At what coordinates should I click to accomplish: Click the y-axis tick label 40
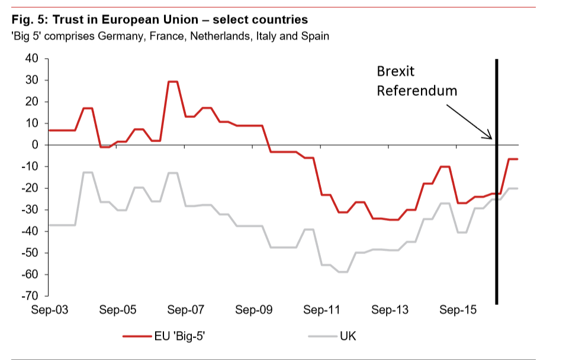point(31,59)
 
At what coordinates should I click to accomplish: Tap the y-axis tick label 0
point(35,145)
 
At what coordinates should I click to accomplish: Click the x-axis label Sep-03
point(50,310)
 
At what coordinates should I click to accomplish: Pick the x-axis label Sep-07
point(186,310)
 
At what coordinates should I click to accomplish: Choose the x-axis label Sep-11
point(321,310)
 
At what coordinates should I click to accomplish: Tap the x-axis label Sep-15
point(458,310)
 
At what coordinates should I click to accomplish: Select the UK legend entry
point(348,337)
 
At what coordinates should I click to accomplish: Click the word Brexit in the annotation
point(396,72)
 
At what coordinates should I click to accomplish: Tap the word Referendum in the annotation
point(417,91)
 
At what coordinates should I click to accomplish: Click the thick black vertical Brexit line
point(496,237)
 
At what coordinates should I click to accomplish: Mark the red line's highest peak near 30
point(173,82)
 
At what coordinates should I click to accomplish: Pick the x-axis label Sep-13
point(390,310)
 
